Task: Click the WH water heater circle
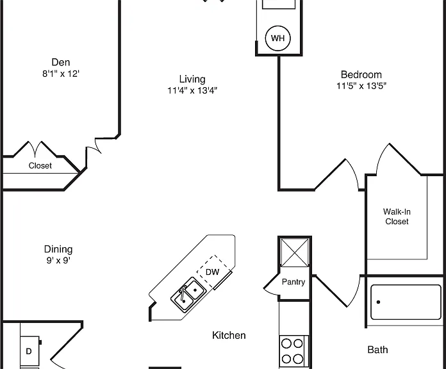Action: (277, 38)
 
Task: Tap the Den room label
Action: (61, 62)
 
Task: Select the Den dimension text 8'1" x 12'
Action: (61, 74)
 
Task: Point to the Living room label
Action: (192, 79)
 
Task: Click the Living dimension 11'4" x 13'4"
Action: (192, 90)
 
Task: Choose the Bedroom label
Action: (361, 74)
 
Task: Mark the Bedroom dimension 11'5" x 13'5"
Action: (361, 86)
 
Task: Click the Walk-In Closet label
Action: (397, 217)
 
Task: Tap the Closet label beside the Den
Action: (40, 165)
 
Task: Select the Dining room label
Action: (58, 249)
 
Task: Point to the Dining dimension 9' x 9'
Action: (58, 260)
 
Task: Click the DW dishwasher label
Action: (213, 272)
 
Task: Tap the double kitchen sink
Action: (188, 295)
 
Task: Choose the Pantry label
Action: (293, 282)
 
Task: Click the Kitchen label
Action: (229, 335)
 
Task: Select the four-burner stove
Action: (294, 351)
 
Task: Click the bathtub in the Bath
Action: (406, 302)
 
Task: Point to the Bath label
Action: (377, 350)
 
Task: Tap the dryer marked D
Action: (29, 351)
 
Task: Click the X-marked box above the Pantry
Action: (295, 252)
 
